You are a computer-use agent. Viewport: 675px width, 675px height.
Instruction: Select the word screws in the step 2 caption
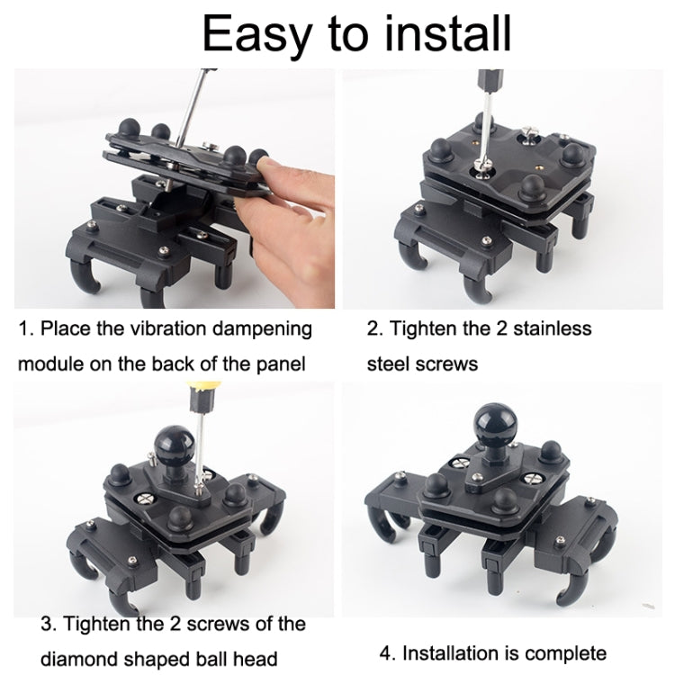441,364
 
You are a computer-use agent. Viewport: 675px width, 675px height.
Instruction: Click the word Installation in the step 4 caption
448,652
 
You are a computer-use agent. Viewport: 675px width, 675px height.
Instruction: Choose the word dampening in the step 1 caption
264,328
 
